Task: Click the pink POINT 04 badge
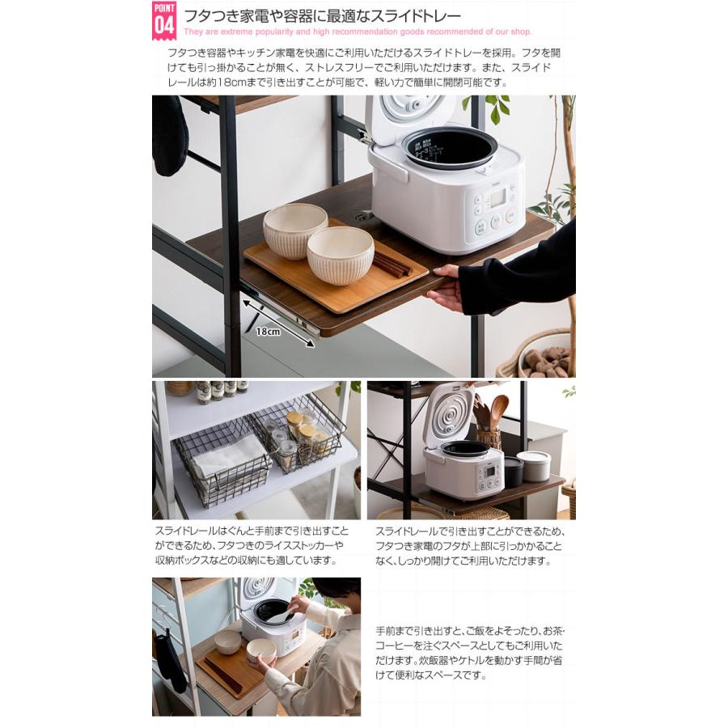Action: click(x=164, y=20)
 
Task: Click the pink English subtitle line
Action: click(x=357, y=32)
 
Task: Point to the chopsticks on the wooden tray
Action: click(x=392, y=264)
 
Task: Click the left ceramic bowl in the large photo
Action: click(x=294, y=230)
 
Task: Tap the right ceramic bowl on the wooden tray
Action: click(x=340, y=255)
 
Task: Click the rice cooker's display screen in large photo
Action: click(x=497, y=197)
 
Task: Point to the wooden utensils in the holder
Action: click(x=488, y=414)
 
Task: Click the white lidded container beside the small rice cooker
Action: click(x=534, y=465)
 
